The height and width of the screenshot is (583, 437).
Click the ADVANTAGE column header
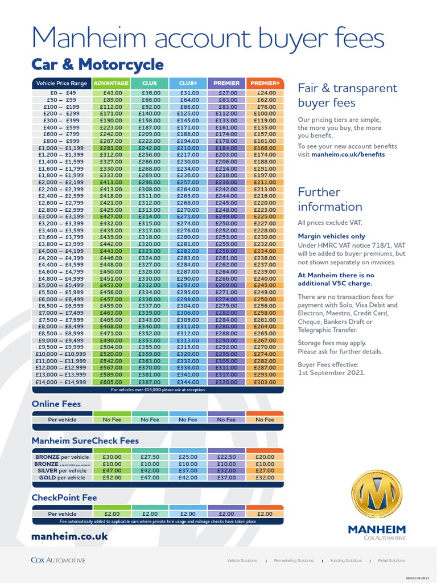pos(111,83)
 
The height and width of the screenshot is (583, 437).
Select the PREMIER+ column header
pos(265,83)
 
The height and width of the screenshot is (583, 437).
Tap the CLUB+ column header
pos(188,83)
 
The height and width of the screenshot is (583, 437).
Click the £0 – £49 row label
pos(62,93)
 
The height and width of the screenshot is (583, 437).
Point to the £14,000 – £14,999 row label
pos(62,383)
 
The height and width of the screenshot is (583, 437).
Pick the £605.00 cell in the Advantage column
pos(112,383)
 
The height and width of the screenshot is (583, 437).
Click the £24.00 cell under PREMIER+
pos(265,93)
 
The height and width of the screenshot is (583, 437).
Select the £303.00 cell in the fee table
pos(265,383)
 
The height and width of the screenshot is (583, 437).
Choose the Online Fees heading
pos(56,404)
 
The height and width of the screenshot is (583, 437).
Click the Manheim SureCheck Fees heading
pos(85,441)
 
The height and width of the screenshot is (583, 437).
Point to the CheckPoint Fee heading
pos(64,498)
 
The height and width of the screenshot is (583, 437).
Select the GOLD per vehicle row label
pos(62,478)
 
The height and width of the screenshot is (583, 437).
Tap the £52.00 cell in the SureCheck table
pos(112,478)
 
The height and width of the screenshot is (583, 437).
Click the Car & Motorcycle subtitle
pos(97,64)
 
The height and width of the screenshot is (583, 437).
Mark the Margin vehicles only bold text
pos(332,236)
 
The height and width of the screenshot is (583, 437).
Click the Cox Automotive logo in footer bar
pos(58,560)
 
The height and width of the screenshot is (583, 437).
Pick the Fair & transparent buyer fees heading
pos(348,96)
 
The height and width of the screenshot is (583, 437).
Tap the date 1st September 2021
pos(332,373)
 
